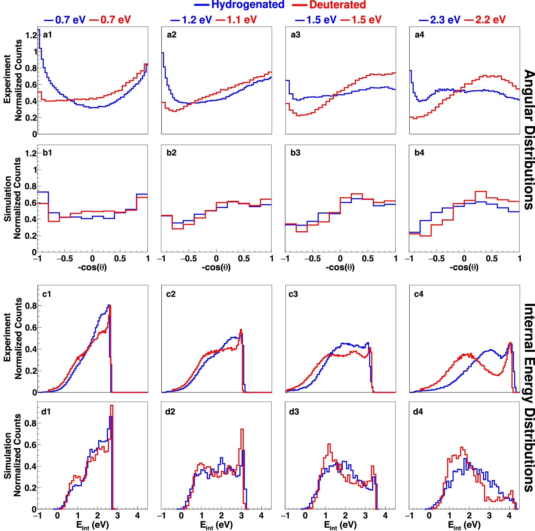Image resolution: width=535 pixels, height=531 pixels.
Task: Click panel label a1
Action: click(x=47, y=34)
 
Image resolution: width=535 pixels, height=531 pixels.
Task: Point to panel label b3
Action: click(x=295, y=153)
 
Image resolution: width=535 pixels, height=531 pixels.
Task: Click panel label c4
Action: click(x=418, y=294)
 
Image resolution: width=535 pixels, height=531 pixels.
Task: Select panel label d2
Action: click(x=170, y=412)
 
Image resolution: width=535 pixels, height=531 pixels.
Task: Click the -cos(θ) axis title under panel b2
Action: click(x=216, y=267)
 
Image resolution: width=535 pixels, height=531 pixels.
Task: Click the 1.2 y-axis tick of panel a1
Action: click(x=31, y=35)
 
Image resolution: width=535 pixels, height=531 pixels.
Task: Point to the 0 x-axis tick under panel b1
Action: click(x=92, y=259)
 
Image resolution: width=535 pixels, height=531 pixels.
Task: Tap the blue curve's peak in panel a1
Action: click(x=39, y=30)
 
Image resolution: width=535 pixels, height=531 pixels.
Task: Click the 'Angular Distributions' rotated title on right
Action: click(x=528, y=140)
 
